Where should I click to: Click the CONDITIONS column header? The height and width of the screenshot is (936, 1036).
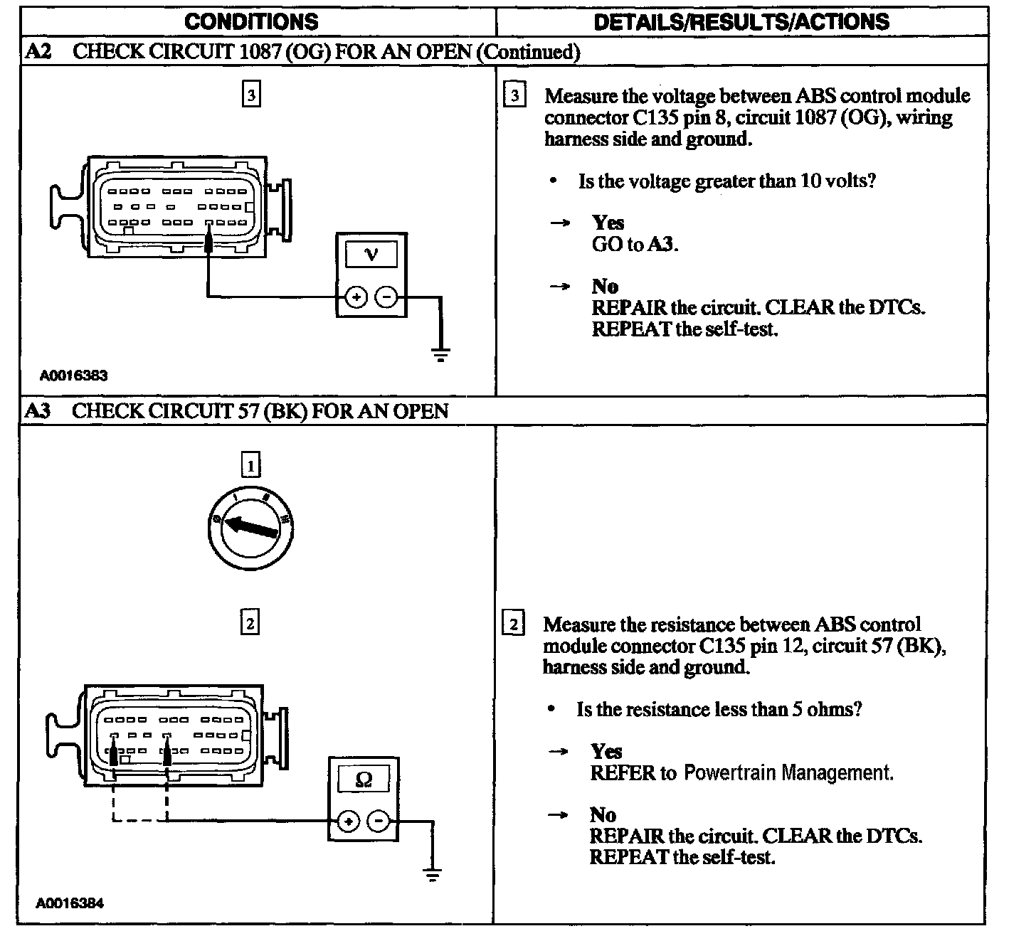(251, 21)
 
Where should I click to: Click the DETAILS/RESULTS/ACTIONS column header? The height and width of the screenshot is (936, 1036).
(741, 21)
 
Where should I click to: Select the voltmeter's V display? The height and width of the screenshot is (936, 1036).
(371, 254)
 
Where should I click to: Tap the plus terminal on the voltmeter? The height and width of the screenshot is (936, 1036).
(356, 297)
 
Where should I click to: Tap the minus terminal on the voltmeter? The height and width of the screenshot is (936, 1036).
(386, 297)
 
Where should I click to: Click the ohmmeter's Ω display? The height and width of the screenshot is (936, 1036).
(363, 780)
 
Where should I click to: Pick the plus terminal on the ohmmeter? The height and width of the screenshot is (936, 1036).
(348, 821)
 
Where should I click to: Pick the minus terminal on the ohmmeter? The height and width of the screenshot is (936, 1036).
(379, 821)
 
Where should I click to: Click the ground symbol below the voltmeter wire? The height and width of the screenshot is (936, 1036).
(441, 353)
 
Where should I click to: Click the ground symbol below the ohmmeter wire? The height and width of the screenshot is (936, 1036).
(432, 874)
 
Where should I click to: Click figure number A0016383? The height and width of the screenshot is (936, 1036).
(73, 375)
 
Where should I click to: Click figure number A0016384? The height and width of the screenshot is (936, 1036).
(70, 903)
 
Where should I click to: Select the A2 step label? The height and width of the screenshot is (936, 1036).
(38, 51)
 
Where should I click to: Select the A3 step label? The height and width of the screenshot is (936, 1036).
(38, 411)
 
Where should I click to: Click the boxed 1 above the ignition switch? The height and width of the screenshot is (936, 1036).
(250, 466)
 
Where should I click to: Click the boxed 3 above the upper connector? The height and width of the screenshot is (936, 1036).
(251, 94)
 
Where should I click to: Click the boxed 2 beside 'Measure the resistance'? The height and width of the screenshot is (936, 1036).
(514, 624)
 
